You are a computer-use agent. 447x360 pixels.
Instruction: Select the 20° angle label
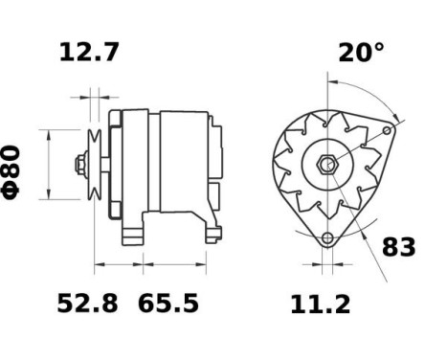361,52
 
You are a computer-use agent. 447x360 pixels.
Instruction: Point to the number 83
399,247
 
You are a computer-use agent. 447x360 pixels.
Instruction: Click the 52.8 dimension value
87,304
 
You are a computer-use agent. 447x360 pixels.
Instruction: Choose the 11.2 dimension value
320,304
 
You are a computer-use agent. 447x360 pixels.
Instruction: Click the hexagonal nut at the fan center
327,165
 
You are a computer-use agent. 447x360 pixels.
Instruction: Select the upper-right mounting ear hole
386,130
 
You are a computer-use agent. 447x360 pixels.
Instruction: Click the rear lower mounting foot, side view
208,228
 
